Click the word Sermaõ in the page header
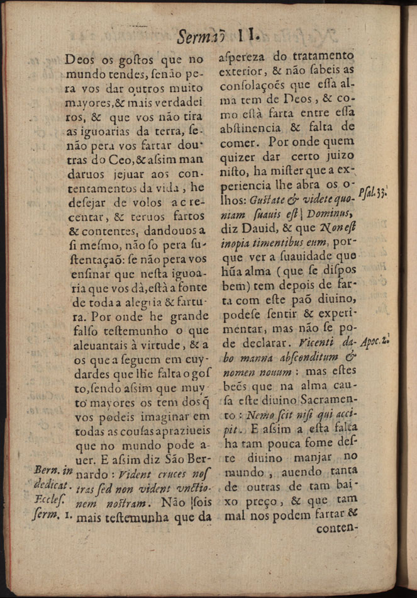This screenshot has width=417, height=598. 200,35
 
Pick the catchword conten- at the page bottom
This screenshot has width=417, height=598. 337,528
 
